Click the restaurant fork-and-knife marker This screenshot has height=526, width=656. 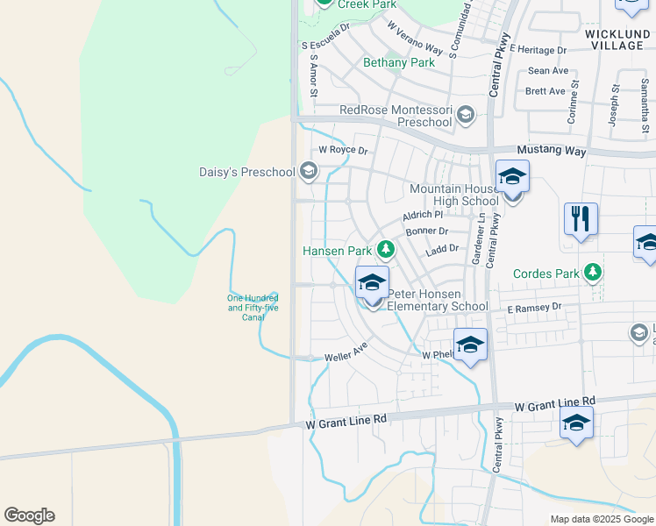click(x=581, y=218)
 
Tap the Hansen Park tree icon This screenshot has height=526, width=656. click(x=384, y=251)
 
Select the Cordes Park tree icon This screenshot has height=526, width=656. click(x=594, y=273)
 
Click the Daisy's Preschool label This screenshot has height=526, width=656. click(x=247, y=172)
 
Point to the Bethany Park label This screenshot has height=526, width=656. click(x=399, y=63)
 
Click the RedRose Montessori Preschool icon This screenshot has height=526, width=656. click(x=465, y=114)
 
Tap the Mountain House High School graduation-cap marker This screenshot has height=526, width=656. click(x=512, y=177)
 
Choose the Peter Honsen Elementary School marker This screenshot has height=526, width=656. click(x=372, y=283)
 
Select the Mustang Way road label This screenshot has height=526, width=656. click(x=551, y=151)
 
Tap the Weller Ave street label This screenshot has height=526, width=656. click(x=346, y=354)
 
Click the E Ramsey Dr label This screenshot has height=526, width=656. click(x=534, y=309)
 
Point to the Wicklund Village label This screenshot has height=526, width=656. click(x=616, y=39)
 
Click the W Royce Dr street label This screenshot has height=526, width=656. click(x=342, y=150)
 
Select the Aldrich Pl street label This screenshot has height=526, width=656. click(x=423, y=215)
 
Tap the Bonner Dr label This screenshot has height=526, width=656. click(x=426, y=231)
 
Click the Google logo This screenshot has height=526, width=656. click(x=29, y=515)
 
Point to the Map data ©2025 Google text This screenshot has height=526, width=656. click(x=601, y=519)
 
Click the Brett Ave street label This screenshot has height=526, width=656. click(x=545, y=91)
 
